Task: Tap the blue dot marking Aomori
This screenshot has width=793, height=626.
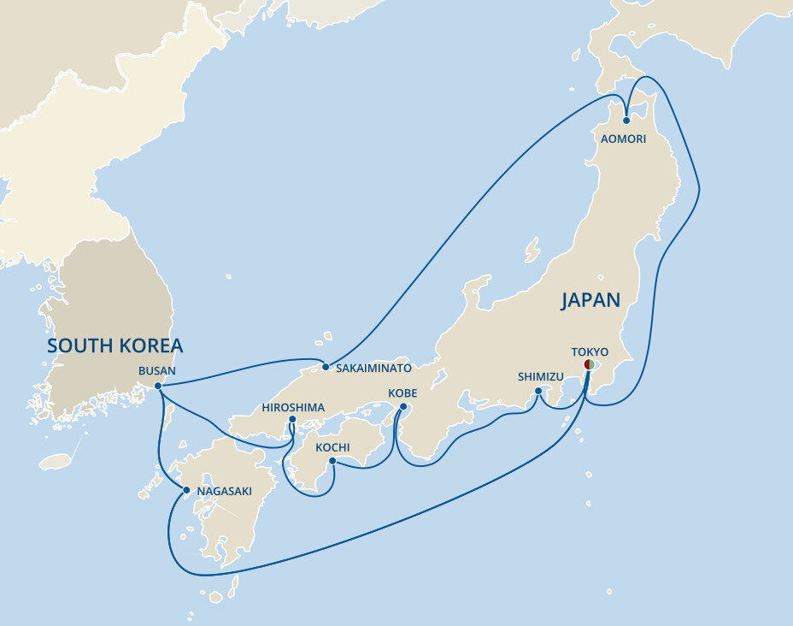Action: coord(626,121)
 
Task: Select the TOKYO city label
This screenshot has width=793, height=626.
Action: coord(590,351)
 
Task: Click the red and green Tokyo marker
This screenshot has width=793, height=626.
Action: coord(589,364)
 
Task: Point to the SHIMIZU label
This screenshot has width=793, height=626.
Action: coord(540,376)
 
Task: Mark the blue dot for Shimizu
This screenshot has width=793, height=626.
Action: coord(538,392)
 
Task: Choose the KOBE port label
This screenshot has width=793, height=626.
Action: coord(402,393)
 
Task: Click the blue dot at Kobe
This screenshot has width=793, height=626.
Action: coord(403,407)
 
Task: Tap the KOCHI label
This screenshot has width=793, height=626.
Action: coord(332,447)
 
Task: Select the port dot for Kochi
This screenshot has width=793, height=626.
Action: coord(332,461)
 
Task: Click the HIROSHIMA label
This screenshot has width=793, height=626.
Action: coord(293,407)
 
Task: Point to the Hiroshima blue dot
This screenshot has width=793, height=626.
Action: coord(292,420)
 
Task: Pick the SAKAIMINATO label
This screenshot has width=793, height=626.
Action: coord(373,368)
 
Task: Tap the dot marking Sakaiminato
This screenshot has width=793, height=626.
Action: coord(326,367)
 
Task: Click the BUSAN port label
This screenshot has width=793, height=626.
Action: coord(156,371)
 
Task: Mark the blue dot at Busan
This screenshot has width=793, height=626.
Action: coord(158,386)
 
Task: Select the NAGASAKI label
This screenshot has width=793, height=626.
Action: coord(224,491)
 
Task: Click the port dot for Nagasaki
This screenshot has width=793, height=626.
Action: coord(186,490)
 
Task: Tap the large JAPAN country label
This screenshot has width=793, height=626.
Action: coord(590,299)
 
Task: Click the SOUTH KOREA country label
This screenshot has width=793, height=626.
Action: coord(115,345)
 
